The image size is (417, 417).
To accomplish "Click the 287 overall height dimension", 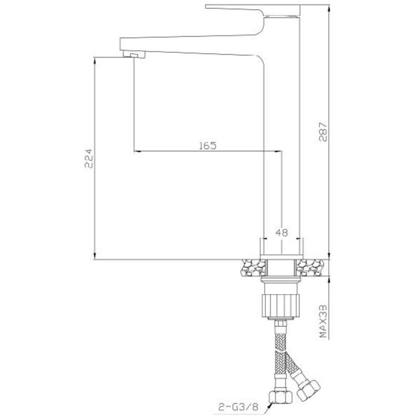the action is tap(323, 132).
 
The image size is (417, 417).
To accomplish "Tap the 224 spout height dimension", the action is tap(88, 158).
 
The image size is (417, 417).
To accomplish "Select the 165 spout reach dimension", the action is tap(208, 146).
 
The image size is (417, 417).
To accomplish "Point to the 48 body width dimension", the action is tap(282, 233).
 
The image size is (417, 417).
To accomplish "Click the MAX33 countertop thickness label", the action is tap(323, 321).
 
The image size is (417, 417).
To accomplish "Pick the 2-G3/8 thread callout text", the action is tap(239, 407).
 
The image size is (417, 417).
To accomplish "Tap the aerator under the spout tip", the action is tap(134, 55).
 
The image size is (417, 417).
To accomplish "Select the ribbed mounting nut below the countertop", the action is tap(281, 306).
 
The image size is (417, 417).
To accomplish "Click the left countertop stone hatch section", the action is tap(254, 268).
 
